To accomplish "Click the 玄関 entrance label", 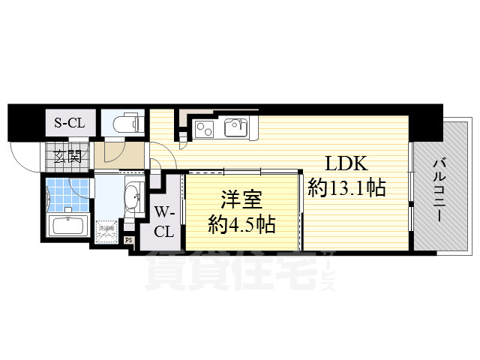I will coord(67,157).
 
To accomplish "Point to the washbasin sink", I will coord(133,198).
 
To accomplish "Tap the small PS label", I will coord(129,241).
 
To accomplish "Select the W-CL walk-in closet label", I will coord(165,221).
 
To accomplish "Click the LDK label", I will coord(346,164).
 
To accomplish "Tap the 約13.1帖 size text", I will coord(346,187).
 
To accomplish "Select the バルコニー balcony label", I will coord(441,187).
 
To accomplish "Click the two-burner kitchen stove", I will coord(203,129).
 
